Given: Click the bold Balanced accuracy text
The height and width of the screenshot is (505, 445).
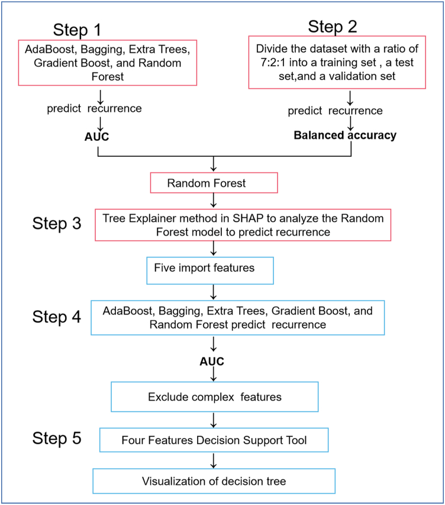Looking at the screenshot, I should pyautogui.click(x=345, y=135).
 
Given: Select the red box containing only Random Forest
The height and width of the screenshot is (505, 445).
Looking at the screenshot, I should pyautogui.click(x=214, y=184).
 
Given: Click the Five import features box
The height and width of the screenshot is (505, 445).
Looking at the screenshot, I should pyautogui.click(x=210, y=269).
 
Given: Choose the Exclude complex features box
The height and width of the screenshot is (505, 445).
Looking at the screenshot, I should pyautogui.click(x=214, y=396).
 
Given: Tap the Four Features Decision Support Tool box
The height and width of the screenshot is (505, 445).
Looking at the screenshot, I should pyautogui.click(x=214, y=440).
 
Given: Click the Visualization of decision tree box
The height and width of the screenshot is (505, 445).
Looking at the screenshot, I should pyautogui.click(x=214, y=481).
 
